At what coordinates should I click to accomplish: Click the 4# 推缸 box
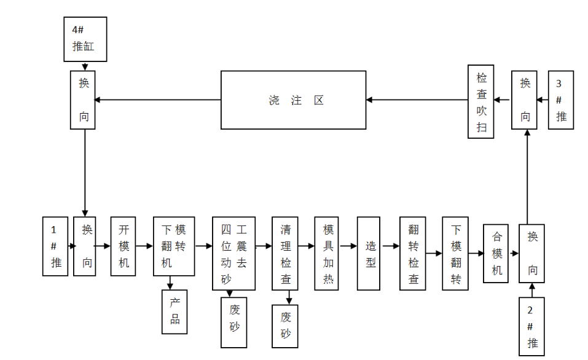click(x=85, y=39)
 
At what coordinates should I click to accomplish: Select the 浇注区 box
click(x=293, y=100)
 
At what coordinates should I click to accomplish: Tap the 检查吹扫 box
click(x=481, y=101)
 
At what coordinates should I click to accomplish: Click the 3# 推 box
click(x=561, y=100)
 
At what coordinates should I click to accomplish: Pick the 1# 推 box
click(x=55, y=246)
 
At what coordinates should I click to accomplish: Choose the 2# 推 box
click(x=531, y=326)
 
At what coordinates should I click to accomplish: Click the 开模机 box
click(x=123, y=246)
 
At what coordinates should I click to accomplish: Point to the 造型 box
click(x=369, y=253)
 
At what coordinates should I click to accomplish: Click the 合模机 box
click(x=496, y=254)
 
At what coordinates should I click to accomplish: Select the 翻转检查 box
click(x=412, y=253)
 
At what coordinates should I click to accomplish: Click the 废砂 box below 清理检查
click(x=285, y=326)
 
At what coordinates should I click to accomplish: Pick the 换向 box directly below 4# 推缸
click(x=84, y=100)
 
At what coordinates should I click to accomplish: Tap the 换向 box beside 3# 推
click(x=525, y=100)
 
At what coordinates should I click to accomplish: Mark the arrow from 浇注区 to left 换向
click(x=157, y=100)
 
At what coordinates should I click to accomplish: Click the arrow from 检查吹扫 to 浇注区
click(x=417, y=100)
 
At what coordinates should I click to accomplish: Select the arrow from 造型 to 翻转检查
click(x=390, y=246)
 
